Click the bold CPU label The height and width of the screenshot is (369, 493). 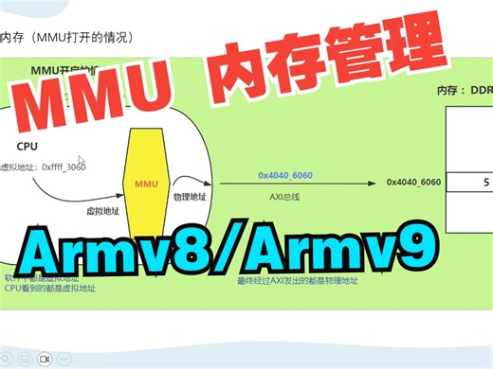(x=27, y=146)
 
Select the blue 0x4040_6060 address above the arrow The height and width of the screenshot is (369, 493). (x=284, y=175)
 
